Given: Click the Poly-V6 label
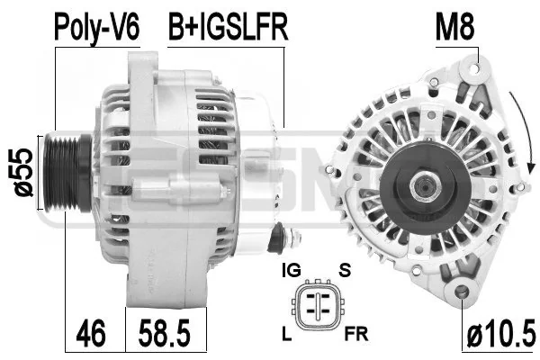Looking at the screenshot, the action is point(97,28).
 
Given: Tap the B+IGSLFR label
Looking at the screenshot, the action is point(228,28).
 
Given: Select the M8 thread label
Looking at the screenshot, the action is point(454,28).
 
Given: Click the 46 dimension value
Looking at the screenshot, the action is point(91,334).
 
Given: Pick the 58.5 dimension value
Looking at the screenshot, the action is point(165,334).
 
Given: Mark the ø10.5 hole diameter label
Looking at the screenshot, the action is point(501,334).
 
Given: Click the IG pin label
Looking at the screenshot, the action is point(292,270).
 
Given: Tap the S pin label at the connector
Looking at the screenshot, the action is point(345,270).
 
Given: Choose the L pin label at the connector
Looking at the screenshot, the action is point(286,334).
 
